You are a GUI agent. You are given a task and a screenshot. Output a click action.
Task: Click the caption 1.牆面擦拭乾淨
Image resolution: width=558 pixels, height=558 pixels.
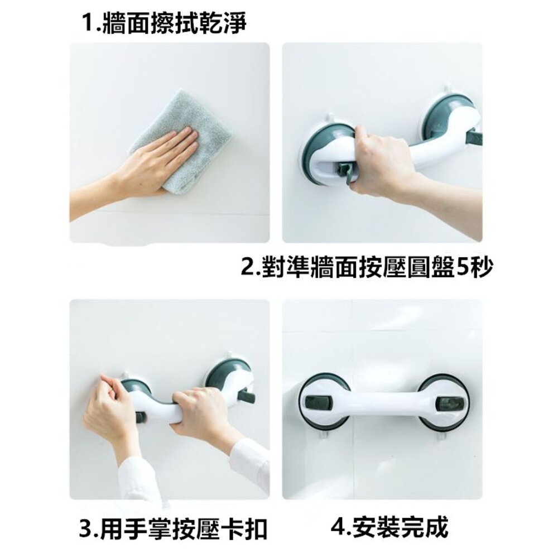164,23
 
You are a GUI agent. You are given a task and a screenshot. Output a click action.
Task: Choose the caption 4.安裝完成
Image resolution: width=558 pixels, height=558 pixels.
389,526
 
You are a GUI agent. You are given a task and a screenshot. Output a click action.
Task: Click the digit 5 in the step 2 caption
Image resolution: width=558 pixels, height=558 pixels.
462,267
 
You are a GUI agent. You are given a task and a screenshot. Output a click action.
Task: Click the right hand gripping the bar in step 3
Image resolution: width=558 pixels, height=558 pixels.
199,413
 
